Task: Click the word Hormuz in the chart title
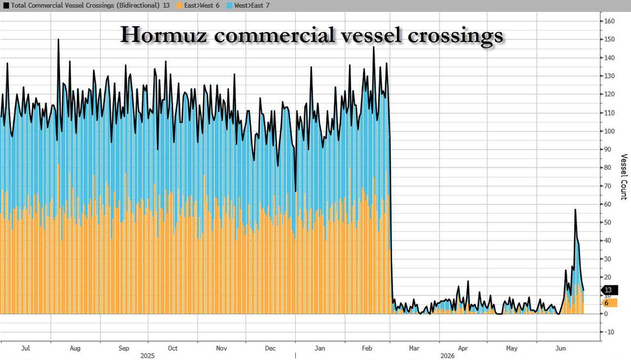164,35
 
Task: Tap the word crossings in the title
456,36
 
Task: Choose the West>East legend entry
248,6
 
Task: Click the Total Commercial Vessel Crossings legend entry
86,6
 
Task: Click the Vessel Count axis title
624,177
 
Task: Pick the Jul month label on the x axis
25,348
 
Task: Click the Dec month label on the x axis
271,348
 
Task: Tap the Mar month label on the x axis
414,348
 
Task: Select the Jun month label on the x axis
560,348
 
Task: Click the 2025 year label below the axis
147,356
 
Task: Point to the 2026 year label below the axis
447,356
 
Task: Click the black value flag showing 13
609,290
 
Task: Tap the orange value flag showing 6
609,303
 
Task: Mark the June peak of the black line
575,209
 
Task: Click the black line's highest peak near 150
58,39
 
